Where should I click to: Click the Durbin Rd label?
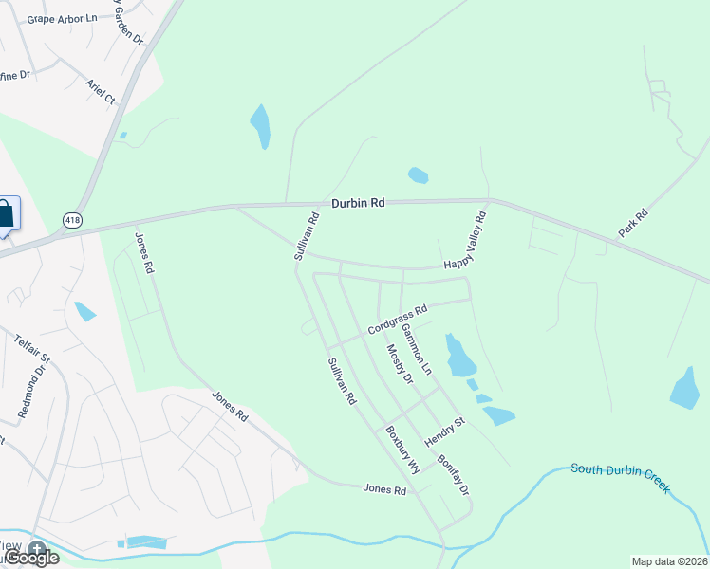[x=358, y=203]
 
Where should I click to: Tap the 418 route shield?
[x=72, y=220]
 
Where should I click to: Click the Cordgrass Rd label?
[x=399, y=318]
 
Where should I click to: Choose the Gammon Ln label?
[x=416, y=348]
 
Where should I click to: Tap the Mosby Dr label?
[x=400, y=364]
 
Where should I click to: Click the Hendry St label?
[x=445, y=432]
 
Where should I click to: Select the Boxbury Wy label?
[x=402, y=449]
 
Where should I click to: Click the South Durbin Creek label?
[x=620, y=478]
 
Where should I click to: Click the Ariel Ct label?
[x=100, y=91]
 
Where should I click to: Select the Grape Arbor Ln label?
[x=62, y=19]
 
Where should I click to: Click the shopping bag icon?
[x=5, y=213]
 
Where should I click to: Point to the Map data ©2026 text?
[x=669, y=561]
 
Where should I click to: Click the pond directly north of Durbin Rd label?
[x=418, y=175]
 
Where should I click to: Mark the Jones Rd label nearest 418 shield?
[x=144, y=253]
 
